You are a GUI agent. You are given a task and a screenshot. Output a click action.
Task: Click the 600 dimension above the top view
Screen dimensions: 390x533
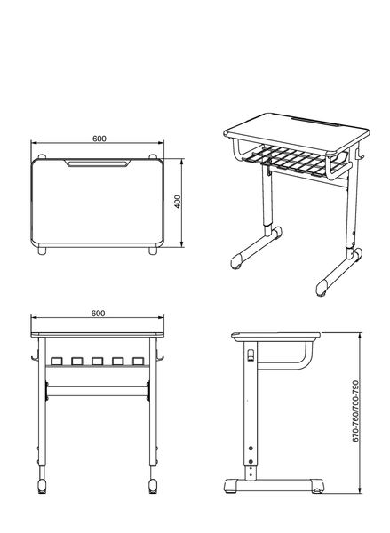coord(99,139)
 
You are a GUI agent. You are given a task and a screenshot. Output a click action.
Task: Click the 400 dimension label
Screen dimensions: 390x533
coord(178,202)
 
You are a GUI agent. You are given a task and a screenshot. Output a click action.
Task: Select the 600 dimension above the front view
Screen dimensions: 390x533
coord(98,313)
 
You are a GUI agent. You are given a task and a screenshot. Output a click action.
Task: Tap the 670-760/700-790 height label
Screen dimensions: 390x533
coord(355,411)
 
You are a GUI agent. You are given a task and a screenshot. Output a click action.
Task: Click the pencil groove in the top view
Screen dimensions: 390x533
coord(98,163)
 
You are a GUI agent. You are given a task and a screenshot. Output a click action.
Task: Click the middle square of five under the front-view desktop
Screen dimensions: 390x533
coord(97,361)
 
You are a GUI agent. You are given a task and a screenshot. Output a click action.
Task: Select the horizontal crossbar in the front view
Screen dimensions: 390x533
coord(98,391)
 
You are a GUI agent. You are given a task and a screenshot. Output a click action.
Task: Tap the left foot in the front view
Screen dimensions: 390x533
coord(42,486)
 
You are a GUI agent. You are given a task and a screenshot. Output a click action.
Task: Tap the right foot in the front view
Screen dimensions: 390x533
coord(153,486)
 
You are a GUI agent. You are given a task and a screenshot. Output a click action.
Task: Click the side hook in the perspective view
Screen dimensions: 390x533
coord(359,154)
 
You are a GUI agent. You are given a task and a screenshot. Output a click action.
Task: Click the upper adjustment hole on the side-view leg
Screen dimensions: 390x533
coord(251,449)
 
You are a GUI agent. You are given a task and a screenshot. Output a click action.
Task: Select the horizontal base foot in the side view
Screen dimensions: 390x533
coord(274,485)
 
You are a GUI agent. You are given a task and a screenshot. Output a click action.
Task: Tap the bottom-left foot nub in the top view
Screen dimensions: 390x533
coord(42,251)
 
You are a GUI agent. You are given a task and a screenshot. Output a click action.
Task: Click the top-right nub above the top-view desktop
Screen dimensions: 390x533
coord(153,156)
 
